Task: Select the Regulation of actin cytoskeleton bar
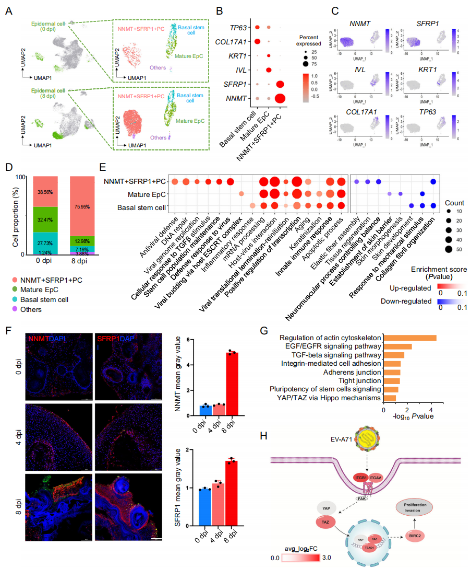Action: coord(409,338)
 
